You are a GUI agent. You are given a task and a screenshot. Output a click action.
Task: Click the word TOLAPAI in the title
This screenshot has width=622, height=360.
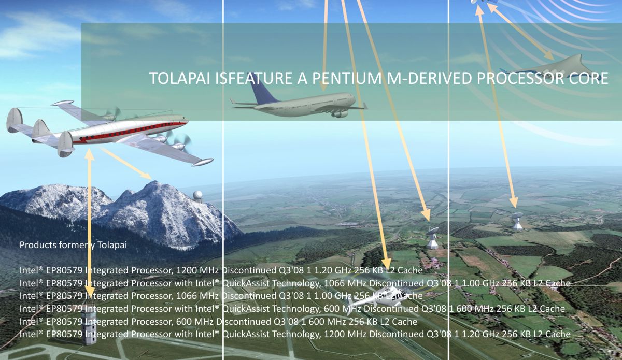(181, 78)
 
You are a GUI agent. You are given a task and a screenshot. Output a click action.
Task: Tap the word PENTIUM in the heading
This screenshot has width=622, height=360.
(347, 78)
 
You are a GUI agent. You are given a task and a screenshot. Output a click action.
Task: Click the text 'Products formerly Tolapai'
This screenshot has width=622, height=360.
(73, 245)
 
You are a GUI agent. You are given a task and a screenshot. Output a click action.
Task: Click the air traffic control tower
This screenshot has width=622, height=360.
(89, 327)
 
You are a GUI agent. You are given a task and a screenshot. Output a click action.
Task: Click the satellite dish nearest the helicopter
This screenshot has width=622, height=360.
(432, 237)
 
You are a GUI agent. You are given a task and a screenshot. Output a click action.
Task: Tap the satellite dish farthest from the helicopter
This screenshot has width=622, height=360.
(517, 221)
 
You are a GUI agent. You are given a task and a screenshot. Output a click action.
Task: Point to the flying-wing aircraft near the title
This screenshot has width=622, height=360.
(553, 69)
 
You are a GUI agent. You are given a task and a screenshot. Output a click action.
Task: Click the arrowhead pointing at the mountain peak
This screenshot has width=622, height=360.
(146, 176)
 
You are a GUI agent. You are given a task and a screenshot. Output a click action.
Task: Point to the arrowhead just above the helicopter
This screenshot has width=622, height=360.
(386, 264)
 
